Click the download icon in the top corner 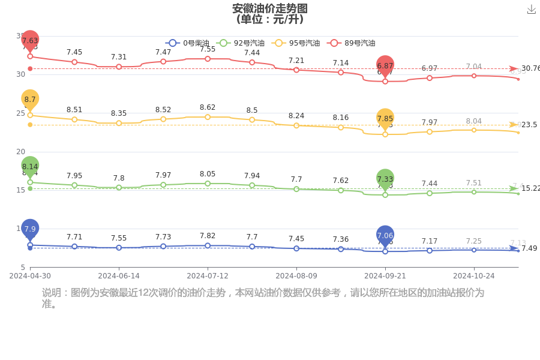531,9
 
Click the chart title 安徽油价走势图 269,8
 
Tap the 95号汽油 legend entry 296,43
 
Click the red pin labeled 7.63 30,41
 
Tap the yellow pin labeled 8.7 30,99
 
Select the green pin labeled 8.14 30,166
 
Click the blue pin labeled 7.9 30,229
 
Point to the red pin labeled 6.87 385,65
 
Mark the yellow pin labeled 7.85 385,119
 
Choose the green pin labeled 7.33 385,179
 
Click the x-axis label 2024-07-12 208,276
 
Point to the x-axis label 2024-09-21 385,276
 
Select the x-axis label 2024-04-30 30,276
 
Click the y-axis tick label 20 20,152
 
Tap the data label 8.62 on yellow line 208,107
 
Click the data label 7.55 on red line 208,49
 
